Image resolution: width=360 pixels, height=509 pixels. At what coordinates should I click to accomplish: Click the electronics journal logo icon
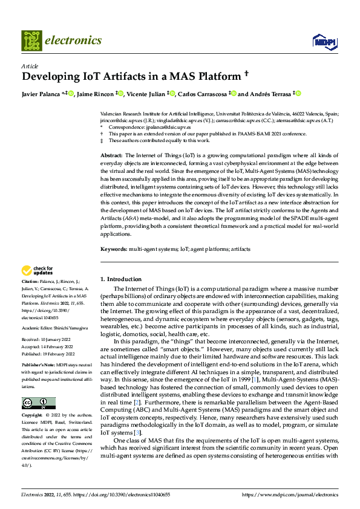(x=31, y=41)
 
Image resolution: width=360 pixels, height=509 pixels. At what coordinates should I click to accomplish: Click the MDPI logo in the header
(x=324, y=41)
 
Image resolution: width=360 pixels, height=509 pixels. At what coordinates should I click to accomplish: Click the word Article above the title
(x=30, y=66)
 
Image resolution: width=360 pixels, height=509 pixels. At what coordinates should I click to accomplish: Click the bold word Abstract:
(x=113, y=156)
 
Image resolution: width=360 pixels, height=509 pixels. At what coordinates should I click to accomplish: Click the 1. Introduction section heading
(x=120, y=279)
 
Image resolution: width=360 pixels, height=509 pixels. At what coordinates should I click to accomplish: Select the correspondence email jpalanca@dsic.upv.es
(x=163, y=128)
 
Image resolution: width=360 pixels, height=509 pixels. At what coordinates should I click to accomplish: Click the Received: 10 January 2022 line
(x=47, y=340)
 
